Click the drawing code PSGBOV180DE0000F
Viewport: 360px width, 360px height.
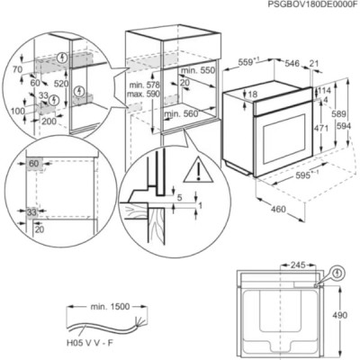[313, 4]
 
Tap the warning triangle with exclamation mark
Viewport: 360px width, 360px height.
[198, 169]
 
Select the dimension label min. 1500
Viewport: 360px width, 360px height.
[110, 307]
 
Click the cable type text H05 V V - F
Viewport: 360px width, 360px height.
[90, 343]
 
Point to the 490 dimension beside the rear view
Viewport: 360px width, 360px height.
[340, 315]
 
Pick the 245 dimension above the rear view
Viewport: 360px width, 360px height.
[298, 265]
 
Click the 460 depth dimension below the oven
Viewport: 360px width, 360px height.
[278, 209]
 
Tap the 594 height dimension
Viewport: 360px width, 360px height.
[344, 126]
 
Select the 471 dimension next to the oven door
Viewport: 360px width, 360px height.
[321, 128]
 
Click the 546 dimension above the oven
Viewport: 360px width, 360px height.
[292, 63]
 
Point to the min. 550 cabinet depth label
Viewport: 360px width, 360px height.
[197, 70]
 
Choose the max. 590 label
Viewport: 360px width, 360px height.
[143, 94]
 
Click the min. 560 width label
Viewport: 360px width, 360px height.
[181, 113]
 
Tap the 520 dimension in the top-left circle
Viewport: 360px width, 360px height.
[61, 84]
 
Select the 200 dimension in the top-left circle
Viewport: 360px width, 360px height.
[49, 121]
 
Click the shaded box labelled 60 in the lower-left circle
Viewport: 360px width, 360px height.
[35, 164]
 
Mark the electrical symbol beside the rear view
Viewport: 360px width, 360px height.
[338, 273]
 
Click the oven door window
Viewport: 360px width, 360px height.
[283, 139]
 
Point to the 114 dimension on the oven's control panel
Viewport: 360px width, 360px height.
[324, 91]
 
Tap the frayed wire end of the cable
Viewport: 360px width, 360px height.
[139, 321]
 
